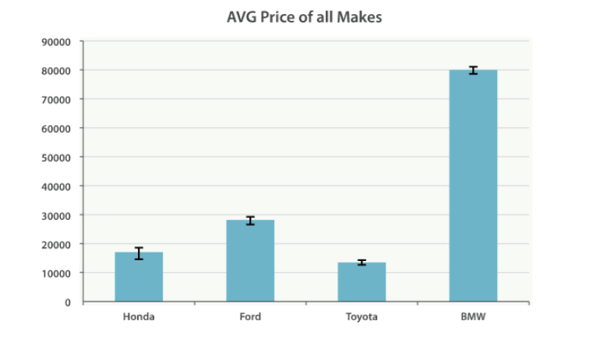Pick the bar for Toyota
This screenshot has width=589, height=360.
[362, 282]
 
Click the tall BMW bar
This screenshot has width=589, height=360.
[473, 187]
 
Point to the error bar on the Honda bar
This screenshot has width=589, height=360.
[139, 252]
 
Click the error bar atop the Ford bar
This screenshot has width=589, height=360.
[250, 221]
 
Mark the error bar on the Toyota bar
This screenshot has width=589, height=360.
[362, 263]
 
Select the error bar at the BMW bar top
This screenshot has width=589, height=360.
[473, 70]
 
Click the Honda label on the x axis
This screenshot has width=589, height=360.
[139, 317]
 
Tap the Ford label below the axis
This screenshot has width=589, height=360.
[250, 317]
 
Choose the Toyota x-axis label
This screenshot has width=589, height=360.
[362, 317]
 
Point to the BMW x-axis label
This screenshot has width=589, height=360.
[473, 317]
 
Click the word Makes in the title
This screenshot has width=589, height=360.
[361, 16]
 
